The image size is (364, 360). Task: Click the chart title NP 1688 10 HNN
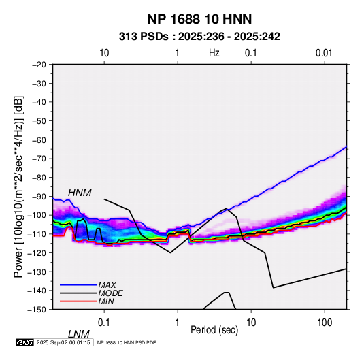tap(199, 19)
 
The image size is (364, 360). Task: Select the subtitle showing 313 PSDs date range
tap(199, 37)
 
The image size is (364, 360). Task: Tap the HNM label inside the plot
tap(80, 193)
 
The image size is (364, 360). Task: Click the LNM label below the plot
tap(78, 334)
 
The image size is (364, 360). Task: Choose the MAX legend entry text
tap(107, 284)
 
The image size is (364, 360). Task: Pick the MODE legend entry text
tap(110, 293)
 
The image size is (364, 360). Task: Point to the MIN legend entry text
tap(106, 301)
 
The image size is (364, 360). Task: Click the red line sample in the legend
tap(78, 301)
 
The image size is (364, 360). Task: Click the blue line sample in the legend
tap(78, 284)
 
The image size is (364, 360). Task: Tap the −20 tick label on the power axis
tap(39, 65)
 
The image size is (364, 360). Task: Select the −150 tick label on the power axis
tap(37, 310)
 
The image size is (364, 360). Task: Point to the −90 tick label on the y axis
tap(39, 197)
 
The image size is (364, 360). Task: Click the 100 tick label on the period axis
tap(325, 323)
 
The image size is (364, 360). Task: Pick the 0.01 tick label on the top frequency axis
tap(324, 53)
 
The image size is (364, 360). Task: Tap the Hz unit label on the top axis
tap(214, 53)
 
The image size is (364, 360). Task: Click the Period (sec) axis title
tap(214, 330)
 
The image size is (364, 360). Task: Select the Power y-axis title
tap(18, 186)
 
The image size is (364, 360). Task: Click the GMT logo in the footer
tap(25, 342)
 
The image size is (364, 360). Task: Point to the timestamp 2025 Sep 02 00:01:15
tap(63, 342)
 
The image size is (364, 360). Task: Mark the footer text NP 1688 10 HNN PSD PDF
tap(127, 342)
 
